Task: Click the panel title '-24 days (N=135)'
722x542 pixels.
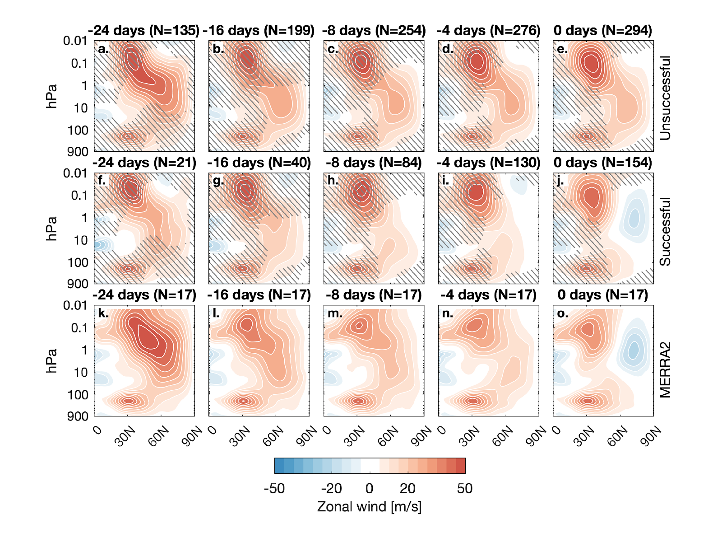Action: pos(144,31)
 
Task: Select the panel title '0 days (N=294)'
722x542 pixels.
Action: pos(603,31)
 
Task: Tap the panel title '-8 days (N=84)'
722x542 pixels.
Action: pos(374,163)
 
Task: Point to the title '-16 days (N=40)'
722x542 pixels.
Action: pos(259,163)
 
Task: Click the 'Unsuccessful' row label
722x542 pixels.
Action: pos(665,98)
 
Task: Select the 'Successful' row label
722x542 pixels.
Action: pos(665,231)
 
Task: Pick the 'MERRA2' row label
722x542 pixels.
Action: pos(665,370)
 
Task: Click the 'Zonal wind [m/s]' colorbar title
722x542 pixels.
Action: pos(369,506)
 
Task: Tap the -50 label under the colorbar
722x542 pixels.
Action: pos(274,488)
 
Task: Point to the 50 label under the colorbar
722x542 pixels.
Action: pos(465,488)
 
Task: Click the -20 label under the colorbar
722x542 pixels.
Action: pos(331,488)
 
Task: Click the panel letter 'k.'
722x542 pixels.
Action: pos(103,313)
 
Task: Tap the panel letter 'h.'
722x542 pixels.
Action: pos(333,181)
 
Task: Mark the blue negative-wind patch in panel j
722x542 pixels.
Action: pos(634,218)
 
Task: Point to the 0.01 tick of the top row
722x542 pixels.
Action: pos(75,41)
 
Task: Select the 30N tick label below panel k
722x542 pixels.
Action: pos(125,437)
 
